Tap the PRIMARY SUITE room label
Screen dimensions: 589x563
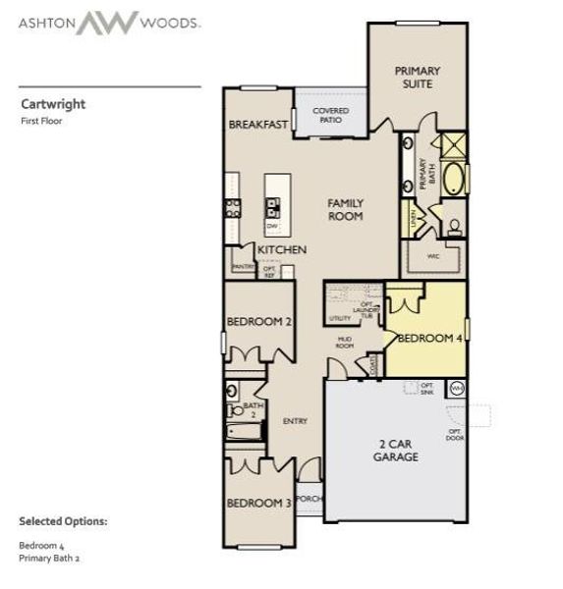[417, 77]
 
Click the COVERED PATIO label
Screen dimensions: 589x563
[330, 115]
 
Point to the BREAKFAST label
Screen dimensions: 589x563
[258, 125]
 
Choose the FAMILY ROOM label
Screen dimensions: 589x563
[345, 209]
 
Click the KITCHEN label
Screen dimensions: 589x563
[282, 250]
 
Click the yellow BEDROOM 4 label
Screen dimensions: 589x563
[430, 339]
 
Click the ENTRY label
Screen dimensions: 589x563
[295, 421]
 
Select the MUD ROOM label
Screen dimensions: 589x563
[344, 343]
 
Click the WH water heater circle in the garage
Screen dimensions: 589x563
[456, 389]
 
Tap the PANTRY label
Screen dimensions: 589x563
[243, 267]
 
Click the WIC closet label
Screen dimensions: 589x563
[432, 257]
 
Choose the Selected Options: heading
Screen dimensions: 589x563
[63, 521]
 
